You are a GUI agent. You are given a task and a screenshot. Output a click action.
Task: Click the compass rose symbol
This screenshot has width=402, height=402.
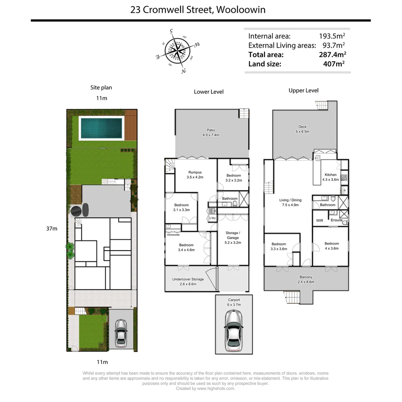click(178, 51)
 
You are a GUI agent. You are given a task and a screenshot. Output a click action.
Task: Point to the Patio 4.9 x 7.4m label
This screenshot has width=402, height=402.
click(211, 133)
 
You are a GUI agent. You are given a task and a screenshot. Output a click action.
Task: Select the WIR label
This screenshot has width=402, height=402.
click(319, 221)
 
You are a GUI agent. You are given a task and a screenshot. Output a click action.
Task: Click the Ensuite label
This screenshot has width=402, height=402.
click(336, 220)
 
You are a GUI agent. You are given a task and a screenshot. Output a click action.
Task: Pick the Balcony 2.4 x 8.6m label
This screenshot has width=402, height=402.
click(306, 280)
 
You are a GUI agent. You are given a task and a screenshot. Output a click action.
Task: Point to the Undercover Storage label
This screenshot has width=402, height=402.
click(188, 281)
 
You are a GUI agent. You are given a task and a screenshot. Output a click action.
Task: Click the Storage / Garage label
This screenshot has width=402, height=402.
click(233, 237)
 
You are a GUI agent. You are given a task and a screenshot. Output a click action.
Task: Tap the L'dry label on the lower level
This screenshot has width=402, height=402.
click(213, 218)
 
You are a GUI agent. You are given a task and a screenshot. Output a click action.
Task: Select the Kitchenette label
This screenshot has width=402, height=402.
click(173, 235)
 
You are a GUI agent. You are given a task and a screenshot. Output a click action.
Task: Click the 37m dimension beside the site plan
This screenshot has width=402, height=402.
click(52, 229)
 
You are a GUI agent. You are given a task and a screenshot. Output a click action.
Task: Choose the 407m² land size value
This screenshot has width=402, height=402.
click(334, 64)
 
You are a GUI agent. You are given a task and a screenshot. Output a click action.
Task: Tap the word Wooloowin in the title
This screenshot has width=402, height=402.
click(240, 9)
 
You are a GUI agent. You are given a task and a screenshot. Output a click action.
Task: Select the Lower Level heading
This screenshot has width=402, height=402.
click(208, 92)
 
